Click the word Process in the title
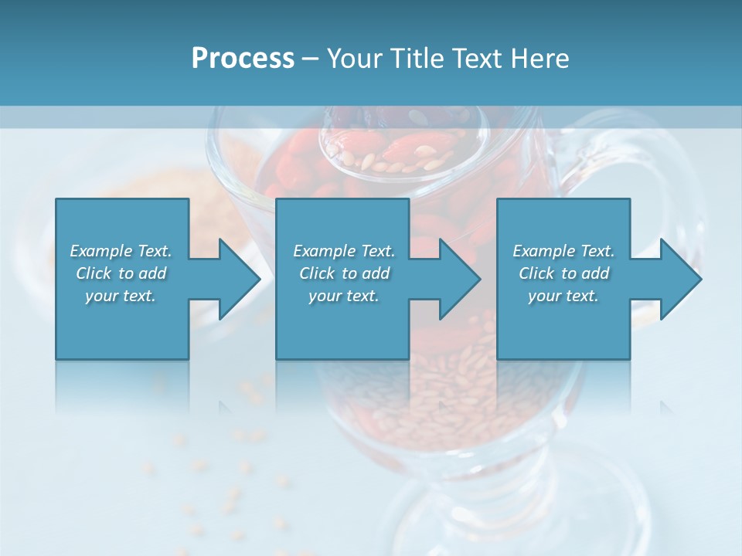[243, 59]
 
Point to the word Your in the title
[354, 59]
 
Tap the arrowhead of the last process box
[681, 279]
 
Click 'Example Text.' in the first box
[121, 251]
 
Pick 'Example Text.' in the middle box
[344, 251]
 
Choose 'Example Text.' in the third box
[563, 251]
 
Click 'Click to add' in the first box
[121, 273]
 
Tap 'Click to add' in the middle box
[344, 273]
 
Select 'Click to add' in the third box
[563, 273]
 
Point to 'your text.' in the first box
[121, 296]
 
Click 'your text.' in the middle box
[344, 296]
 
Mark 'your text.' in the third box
[563, 296]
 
